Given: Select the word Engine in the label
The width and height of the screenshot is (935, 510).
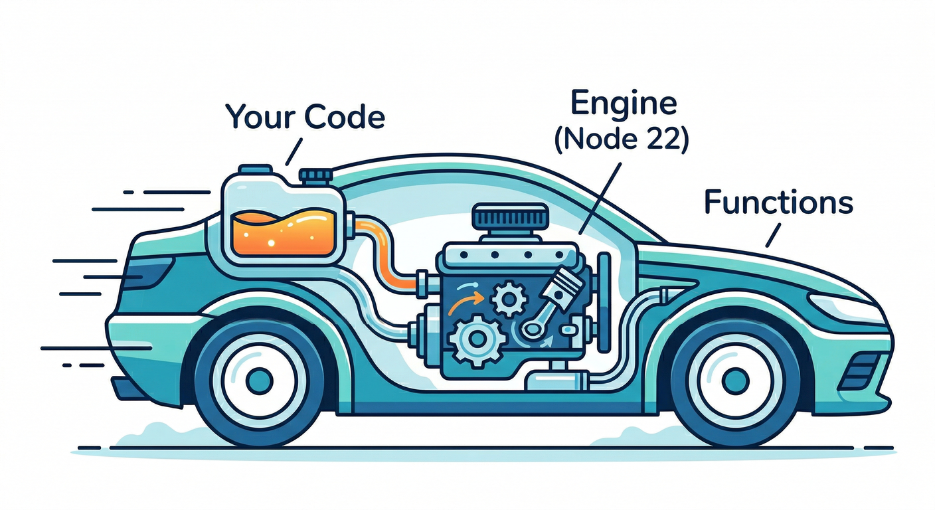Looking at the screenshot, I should (x=623, y=105).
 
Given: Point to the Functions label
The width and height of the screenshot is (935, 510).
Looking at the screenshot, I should (x=778, y=203).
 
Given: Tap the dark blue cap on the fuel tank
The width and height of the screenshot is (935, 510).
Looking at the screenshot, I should (x=315, y=176).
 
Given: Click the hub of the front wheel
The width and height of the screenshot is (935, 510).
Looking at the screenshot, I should (x=736, y=380).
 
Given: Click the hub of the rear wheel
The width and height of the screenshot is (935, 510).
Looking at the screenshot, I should (x=259, y=380).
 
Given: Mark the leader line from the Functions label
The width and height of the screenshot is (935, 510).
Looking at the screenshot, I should (x=773, y=234).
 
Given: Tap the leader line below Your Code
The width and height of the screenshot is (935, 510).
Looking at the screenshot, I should (x=293, y=152).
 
